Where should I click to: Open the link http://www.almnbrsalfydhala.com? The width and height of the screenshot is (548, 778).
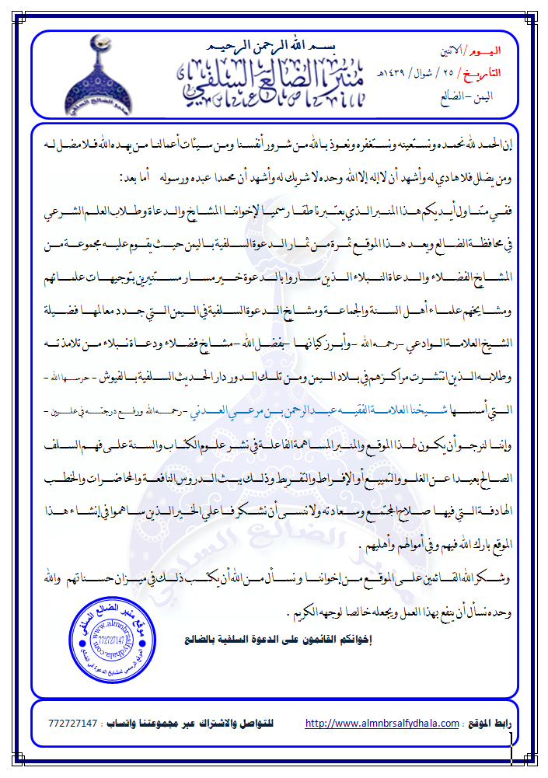pyautogui.click(x=382, y=724)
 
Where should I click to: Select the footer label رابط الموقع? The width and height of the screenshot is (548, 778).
pyautogui.click(x=489, y=724)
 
